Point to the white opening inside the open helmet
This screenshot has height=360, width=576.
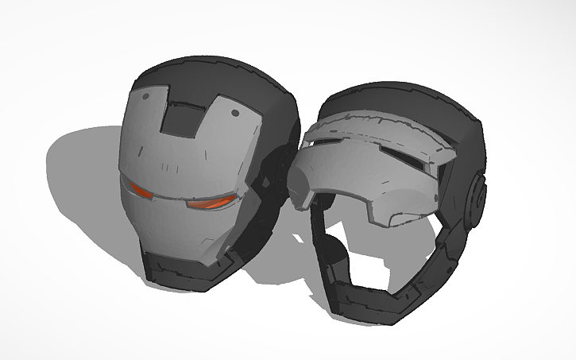click(373, 246)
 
